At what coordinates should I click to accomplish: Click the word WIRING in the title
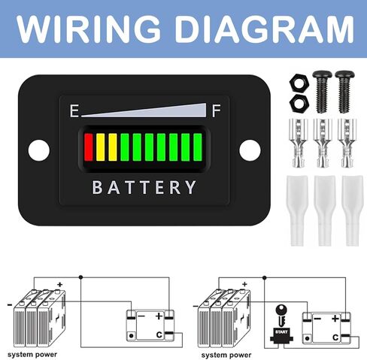89,29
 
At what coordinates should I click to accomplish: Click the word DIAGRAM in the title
265,29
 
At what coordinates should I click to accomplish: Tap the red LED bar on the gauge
89,147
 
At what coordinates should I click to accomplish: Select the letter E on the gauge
74,111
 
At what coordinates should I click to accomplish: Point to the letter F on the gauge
217,111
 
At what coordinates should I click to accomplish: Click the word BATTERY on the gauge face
144,187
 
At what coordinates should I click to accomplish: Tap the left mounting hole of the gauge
39,150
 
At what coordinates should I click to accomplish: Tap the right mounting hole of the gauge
250,150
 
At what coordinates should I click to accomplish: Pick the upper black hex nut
299,83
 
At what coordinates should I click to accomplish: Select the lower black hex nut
299,104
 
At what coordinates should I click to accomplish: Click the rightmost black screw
344,92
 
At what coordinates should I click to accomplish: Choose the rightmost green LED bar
198,147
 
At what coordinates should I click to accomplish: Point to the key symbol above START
281,315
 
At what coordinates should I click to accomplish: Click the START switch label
281,332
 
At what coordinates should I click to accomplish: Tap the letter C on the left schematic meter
159,334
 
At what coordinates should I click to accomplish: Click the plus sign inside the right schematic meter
335,319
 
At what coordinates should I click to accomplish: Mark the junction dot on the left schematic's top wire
80,277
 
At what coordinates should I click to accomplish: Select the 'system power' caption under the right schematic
226,355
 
